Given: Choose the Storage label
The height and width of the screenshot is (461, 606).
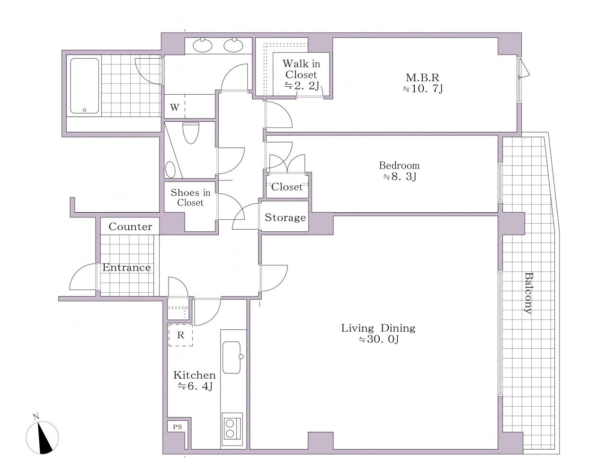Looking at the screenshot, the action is click(285, 217).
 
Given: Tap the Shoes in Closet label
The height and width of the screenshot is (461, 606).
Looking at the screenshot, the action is click(190, 198).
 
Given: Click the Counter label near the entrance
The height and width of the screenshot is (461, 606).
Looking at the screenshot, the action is click(130, 227).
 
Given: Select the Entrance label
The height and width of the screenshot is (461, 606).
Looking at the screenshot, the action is click(126, 267).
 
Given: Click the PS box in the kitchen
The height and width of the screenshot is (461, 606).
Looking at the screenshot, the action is click(178, 427).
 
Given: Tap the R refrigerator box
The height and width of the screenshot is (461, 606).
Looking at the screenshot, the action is click(180, 335).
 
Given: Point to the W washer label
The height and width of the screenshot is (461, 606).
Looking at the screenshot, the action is click(175, 107).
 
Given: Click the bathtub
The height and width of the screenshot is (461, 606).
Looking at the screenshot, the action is click(84, 86).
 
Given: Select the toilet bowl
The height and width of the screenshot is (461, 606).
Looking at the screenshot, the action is click(190, 133).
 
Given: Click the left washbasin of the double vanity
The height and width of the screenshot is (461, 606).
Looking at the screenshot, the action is click(202, 45).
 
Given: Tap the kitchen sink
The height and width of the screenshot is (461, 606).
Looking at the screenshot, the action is click(232, 357).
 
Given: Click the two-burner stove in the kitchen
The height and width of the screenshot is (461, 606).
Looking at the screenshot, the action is click(232, 428).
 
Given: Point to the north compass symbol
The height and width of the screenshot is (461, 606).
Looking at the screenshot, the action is click(42, 437).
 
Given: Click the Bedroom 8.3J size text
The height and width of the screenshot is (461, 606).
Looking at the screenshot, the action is click(400, 176).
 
